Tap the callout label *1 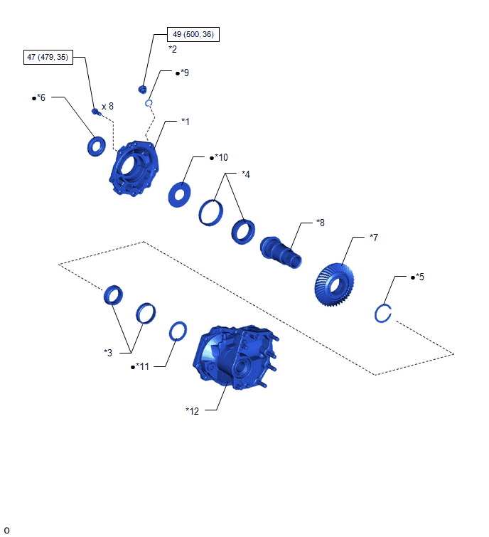pyautogui.click(x=185, y=122)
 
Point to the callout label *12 pyautogui.click(x=192, y=411)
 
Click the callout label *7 pyautogui.click(x=374, y=238)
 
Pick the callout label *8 pyautogui.click(x=321, y=223)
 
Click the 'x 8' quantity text pyautogui.click(x=107, y=107)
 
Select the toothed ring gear pyautogui.click(x=334, y=285)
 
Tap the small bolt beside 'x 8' pyautogui.click(x=96, y=111)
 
